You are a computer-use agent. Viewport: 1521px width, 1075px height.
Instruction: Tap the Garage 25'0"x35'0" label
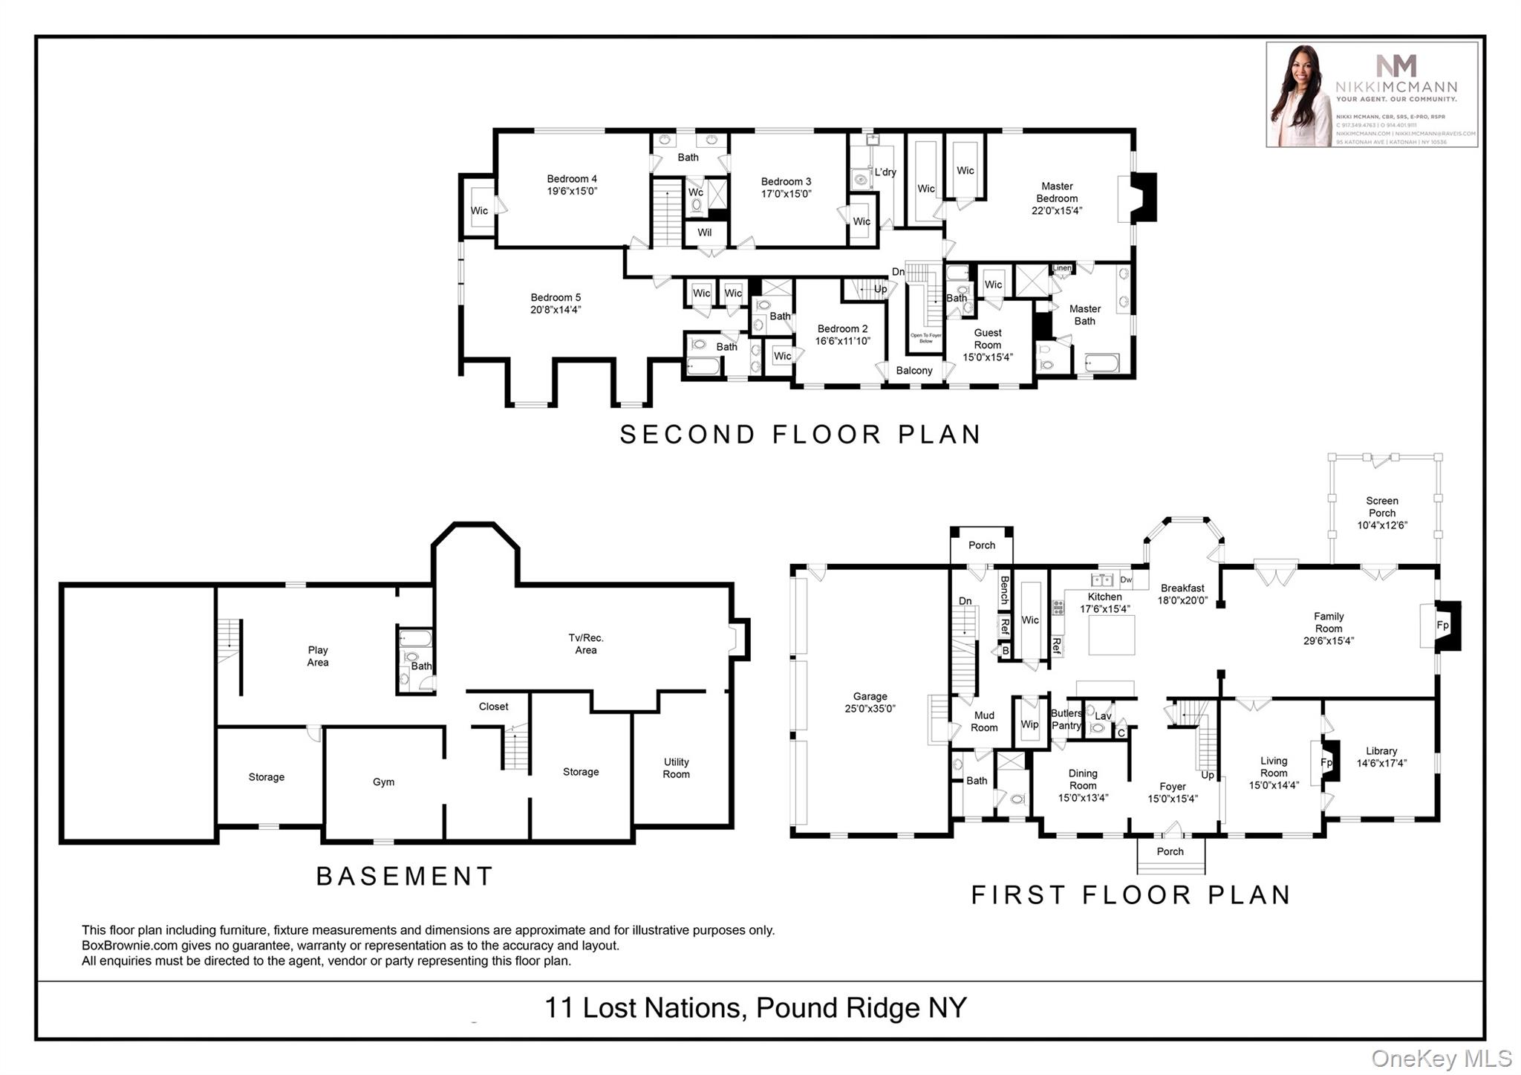(x=870, y=702)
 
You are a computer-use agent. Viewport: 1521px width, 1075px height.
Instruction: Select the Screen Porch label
(x=1381, y=507)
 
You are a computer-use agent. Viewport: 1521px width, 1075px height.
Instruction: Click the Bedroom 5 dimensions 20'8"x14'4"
(x=556, y=310)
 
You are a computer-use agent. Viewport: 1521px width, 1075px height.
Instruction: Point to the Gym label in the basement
(x=383, y=782)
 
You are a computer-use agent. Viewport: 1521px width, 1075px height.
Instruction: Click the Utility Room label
(x=676, y=767)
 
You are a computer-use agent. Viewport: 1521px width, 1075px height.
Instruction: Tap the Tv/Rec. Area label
(x=585, y=643)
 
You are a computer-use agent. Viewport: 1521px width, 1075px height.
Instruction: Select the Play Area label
(x=318, y=656)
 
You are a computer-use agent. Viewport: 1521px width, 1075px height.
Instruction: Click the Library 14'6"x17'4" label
(x=1381, y=756)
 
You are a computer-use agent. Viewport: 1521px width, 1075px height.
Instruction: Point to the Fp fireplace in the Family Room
(x=1442, y=626)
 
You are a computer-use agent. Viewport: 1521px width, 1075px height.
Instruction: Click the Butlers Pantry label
(x=1066, y=719)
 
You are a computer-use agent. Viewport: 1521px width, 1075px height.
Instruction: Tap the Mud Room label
(x=984, y=721)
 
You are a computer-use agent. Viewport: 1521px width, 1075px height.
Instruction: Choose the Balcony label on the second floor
(x=913, y=370)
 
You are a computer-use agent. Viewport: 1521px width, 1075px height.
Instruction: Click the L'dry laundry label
(x=885, y=172)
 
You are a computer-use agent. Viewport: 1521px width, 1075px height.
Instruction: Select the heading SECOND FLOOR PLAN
(x=801, y=434)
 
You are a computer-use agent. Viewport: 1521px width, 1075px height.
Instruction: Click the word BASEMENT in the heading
(x=405, y=876)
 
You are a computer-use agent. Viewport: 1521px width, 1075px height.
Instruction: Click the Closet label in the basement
(x=493, y=707)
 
